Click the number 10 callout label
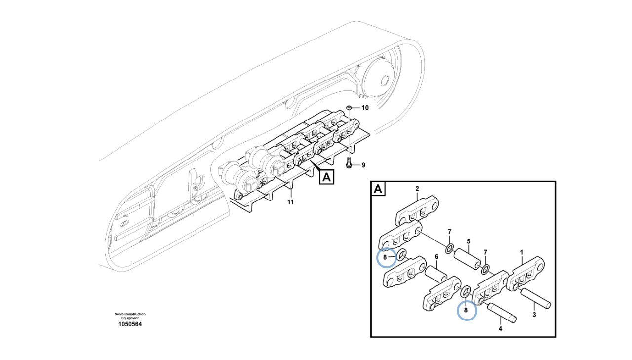364,108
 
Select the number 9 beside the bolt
363,165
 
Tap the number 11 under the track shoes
290,202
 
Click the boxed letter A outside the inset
326,176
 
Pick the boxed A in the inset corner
378,189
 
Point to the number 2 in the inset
417,189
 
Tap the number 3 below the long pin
534,314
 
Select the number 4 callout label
500,328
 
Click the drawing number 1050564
130,324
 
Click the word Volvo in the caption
120,314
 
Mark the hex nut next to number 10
349,107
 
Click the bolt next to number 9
349,162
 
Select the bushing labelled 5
468,259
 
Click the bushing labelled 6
436,273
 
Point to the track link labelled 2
417,210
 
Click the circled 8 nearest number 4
466,310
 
